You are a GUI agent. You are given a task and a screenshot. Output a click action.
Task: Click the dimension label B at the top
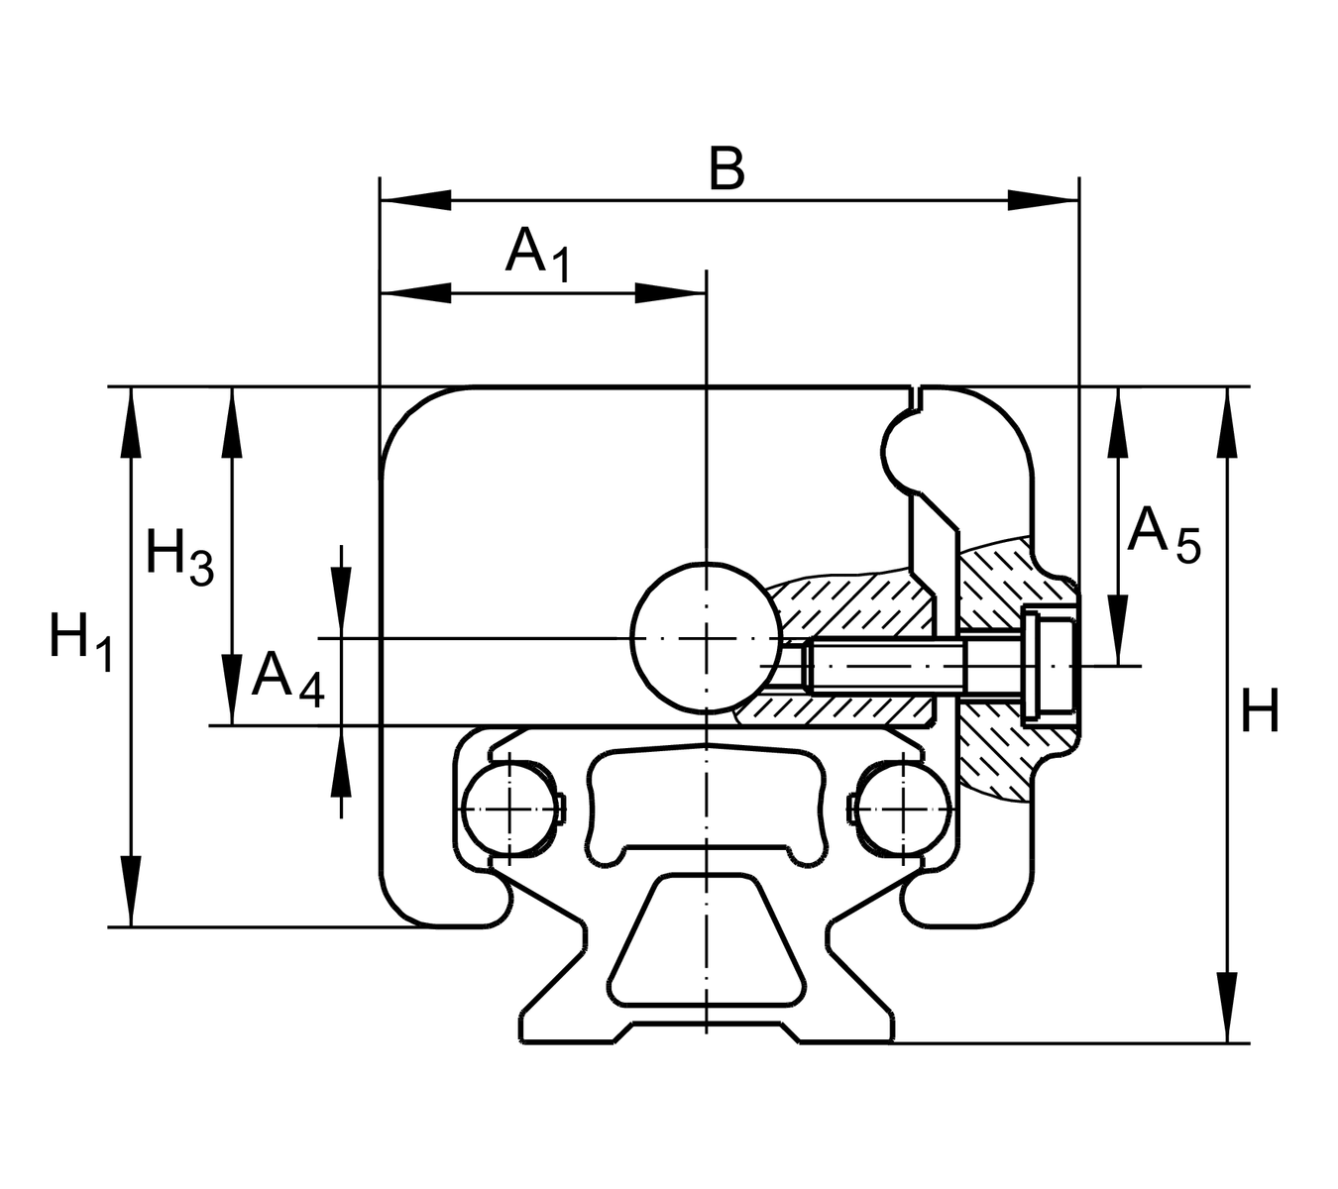click(726, 169)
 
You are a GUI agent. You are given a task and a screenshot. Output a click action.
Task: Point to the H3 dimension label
click(179, 557)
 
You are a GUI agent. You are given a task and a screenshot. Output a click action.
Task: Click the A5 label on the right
click(1164, 535)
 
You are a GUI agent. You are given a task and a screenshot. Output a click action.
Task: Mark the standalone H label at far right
click(1260, 711)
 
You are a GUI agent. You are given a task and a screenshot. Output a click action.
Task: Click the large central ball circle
click(706, 637)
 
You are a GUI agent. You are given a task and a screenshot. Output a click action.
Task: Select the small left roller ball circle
click(508, 810)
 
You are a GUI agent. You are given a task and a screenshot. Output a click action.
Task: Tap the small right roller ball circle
click(902, 810)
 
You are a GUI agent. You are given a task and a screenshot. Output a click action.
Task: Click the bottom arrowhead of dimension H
click(1228, 1009)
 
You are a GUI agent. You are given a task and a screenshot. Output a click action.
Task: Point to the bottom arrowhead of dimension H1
click(130, 892)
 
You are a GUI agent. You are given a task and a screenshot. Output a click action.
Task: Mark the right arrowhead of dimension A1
click(670, 293)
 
